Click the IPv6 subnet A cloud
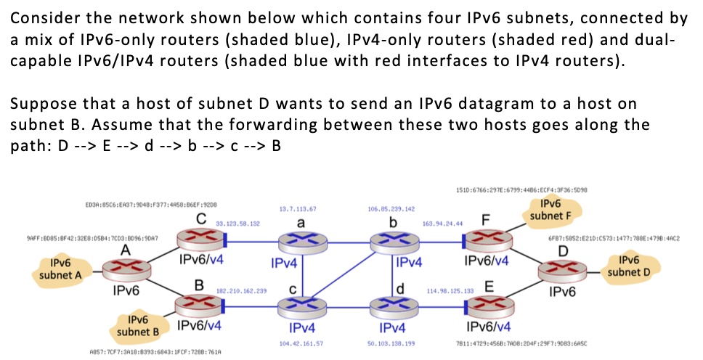tap(61, 269)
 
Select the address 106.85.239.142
tap(391, 208)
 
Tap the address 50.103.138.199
tap(391, 341)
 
